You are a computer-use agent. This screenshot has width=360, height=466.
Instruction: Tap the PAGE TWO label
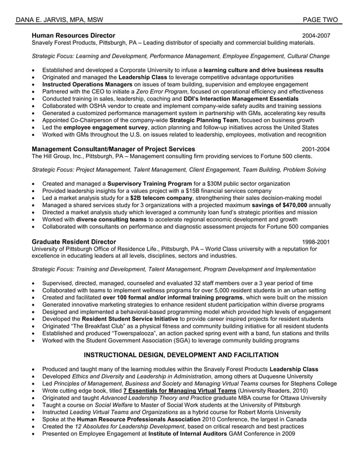coord(320,20)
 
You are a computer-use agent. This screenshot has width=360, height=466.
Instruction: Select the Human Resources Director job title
coord(73,36)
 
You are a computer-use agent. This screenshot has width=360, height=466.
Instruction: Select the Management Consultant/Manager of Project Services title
coord(113,149)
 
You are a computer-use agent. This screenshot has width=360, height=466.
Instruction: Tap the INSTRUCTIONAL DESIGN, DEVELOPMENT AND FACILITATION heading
coord(181,355)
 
